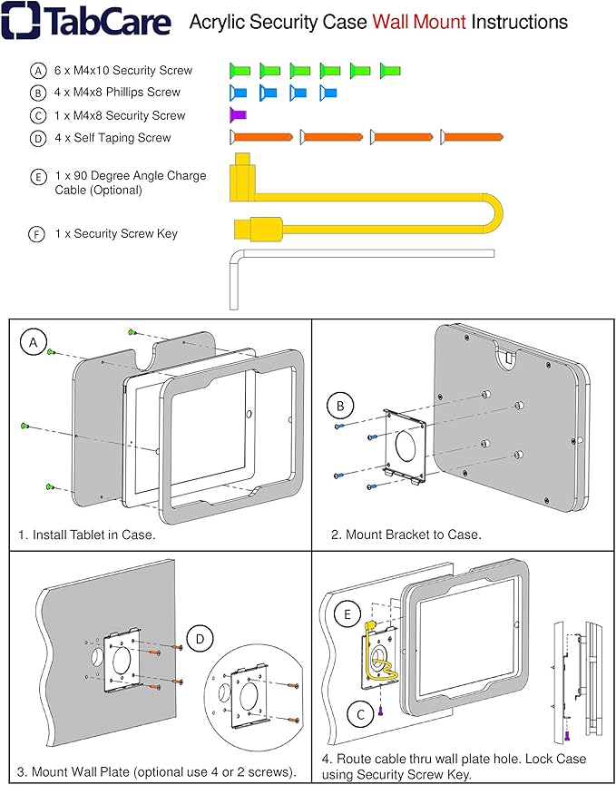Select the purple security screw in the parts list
[238, 114]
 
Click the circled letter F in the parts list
[37, 234]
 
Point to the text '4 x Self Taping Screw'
[112, 138]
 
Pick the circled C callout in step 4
[361, 715]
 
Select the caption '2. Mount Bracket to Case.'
[406, 535]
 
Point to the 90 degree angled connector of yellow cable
[242, 176]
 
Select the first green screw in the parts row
[239, 69]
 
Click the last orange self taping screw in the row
[471, 137]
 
